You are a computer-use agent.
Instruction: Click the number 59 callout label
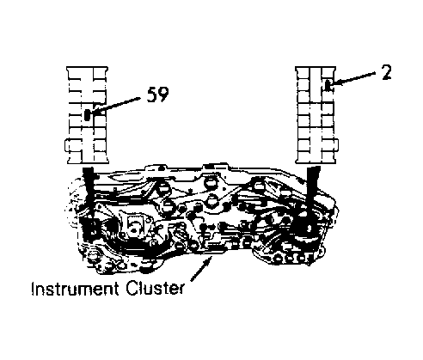pyautogui.click(x=157, y=95)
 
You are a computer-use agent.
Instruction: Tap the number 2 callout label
pyautogui.click(x=387, y=72)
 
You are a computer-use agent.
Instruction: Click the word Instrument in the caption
pyautogui.click(x=75, y=289)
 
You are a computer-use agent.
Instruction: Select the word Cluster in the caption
pyautogui.click(x=155, y=289)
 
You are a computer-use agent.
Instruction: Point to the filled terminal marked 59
pyautogui.click(x=88, y=115)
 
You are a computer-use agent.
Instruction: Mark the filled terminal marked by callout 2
pyautogui.click(x=328, y=86)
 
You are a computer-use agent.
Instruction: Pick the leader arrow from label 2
pyautogui.click(x=354, y=78)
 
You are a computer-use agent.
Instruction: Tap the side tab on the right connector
pyautogui.click(x=337, y=144)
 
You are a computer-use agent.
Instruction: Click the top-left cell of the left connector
pyautogui.click(x=75, y=74)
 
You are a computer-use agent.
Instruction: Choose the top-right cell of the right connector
pyautogui.click(x=328, y=73)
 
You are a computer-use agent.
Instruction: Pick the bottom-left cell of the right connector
pyautogui.click(x=303, y=156)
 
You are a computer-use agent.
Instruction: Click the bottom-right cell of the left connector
pyautogui.click(x=101, y=156)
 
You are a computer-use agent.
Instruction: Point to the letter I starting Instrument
pyautogui.click(x=33, y=289)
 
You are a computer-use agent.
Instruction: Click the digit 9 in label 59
pyautogui.click(x=163, y=95)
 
